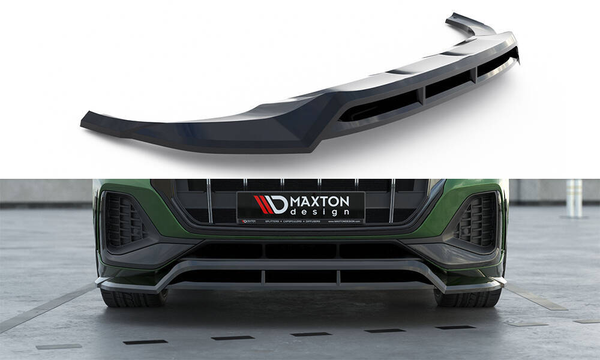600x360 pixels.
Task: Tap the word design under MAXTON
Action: click(x=320, y=211)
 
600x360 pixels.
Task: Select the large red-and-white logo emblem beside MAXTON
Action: click(x=270, y=205)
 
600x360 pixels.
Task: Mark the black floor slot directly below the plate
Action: click(x=311, y=334)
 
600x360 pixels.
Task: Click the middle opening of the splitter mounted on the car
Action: click(x=301, y=276)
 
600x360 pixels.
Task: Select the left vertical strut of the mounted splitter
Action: click(x=263, y=276)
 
